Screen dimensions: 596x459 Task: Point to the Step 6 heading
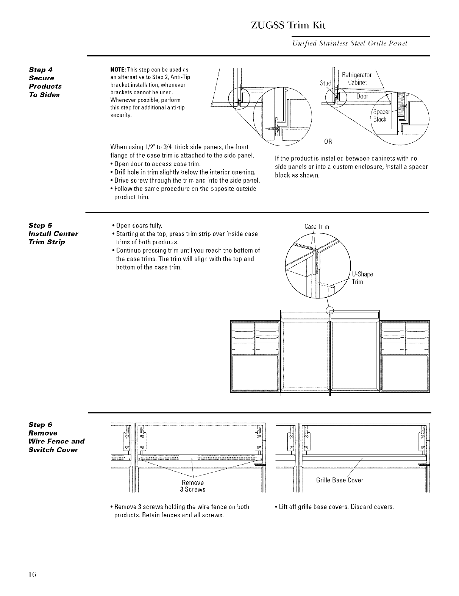[x=42, y=424]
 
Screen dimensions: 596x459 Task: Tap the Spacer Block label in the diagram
[x=379, y=116]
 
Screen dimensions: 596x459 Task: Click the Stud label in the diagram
[x=325, y=83]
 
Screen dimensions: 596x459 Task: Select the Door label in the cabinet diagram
[x=362, y=96]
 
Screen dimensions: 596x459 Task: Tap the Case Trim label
[x=317, y=227]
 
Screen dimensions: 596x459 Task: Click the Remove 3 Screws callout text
[x=193, y=486]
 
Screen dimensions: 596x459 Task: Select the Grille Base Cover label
[x=339, y=480]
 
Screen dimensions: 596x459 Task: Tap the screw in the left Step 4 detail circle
[x=271, y=128]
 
